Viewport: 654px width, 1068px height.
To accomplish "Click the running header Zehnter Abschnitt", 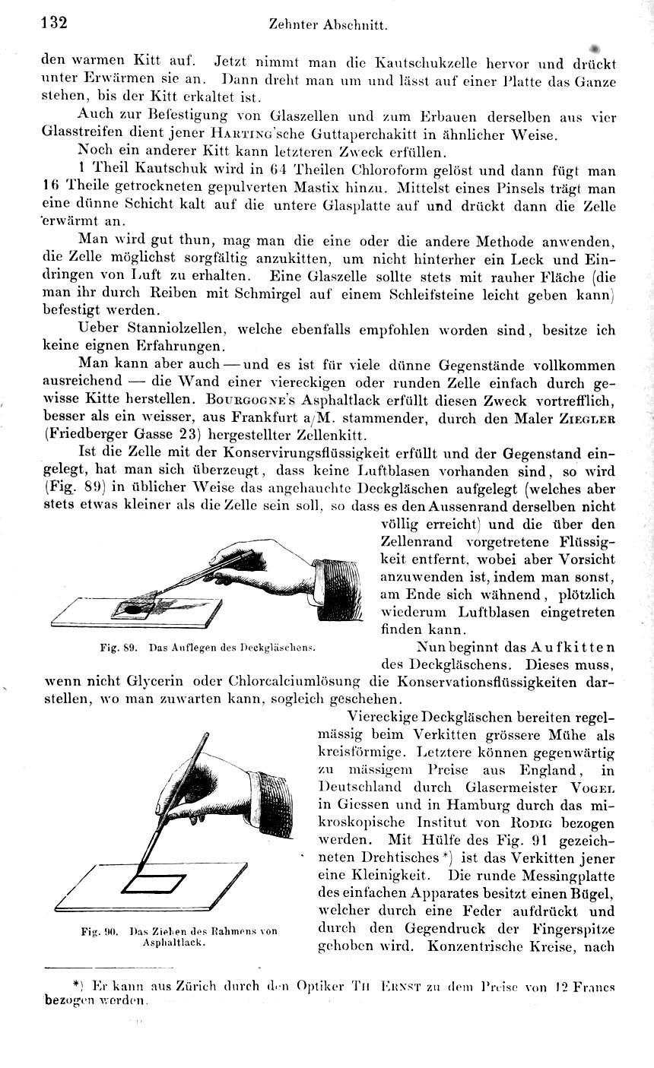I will tap(329, 24).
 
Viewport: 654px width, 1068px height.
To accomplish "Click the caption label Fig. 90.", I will tap(99, 930).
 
